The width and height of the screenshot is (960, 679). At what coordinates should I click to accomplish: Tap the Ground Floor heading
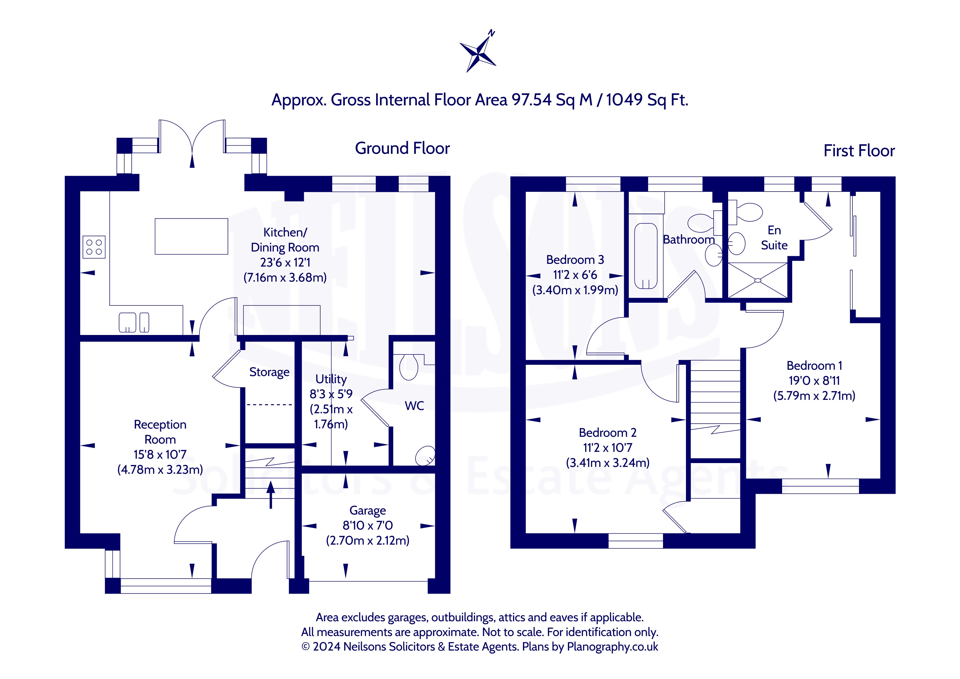402,148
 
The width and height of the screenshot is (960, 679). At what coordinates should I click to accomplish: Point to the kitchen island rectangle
192,236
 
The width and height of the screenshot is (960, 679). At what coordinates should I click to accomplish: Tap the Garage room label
368,510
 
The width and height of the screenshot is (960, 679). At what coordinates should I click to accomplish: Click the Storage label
269,372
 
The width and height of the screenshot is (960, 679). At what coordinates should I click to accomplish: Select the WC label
414,406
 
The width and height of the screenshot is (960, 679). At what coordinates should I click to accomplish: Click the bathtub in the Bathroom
645,256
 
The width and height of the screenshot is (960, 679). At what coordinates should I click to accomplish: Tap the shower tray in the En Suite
758,280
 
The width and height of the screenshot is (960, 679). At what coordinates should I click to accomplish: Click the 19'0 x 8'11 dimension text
814,380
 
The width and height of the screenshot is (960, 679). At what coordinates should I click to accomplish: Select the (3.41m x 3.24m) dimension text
607,463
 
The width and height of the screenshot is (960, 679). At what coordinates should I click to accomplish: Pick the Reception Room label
160,432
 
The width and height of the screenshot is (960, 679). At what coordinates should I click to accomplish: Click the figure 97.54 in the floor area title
531,100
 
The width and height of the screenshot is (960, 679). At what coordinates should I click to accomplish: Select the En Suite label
774,238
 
